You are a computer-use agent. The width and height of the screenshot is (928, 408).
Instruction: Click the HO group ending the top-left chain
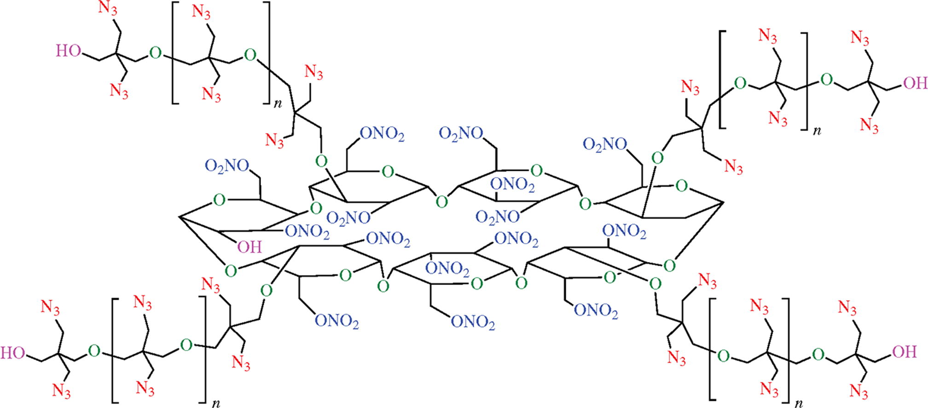[68, 51]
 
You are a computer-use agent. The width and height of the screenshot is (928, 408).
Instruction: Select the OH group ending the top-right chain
[915, 83]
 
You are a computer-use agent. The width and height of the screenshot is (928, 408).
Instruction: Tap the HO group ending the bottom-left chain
[12, 353]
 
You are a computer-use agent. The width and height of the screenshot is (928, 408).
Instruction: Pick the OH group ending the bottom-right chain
[905, 352]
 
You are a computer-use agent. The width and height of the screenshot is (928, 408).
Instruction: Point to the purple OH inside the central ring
[249, 247]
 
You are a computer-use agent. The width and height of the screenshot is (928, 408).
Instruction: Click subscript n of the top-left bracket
[278, 104]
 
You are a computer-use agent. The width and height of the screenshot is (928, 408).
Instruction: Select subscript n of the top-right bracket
[817, 131]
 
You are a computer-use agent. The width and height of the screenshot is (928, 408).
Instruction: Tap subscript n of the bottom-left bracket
[215, 403]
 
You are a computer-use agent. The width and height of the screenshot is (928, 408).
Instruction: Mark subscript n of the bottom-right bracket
[800, 403]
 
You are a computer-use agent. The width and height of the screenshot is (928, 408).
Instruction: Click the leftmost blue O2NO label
[227, 166]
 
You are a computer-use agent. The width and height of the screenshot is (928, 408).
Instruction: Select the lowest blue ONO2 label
[473, 322]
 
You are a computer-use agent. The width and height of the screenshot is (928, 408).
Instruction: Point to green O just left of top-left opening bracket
[156, 54]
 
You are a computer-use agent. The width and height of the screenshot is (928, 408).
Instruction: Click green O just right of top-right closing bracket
[827, 80]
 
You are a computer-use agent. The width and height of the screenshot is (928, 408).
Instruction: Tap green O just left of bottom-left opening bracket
[94, 351]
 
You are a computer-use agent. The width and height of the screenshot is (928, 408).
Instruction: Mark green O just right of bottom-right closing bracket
[818, 355]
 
